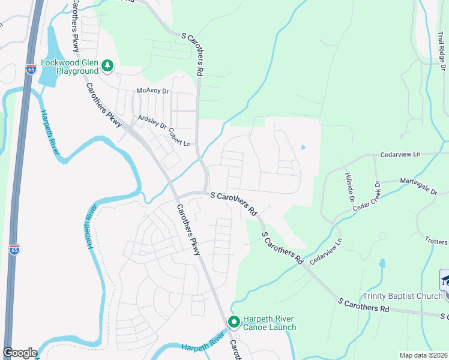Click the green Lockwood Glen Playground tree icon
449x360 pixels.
tap(107, 65)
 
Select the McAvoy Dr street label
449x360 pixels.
tap(153, 91)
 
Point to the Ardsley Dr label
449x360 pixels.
tap(152, 122)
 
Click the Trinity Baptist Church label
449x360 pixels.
tap(402, 296)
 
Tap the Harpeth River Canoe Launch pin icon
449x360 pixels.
tap(234, 323)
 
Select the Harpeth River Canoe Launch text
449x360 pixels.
tap(270, 323)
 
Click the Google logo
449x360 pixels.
tap(20, 353)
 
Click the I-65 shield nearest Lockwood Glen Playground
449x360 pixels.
tap(31, 70)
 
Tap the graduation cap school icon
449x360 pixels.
tap(445, 280)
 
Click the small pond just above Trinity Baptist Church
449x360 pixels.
tap(382, 263)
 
